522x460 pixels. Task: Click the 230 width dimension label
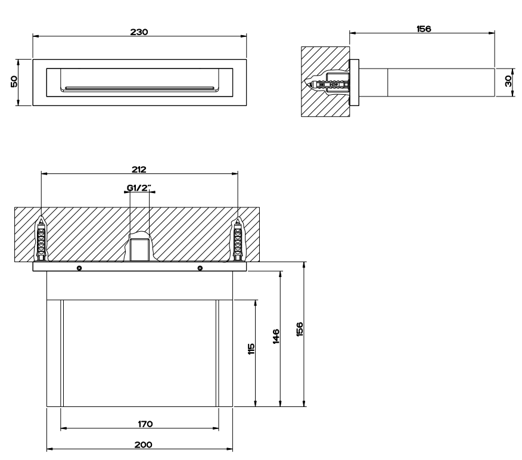(139, 32)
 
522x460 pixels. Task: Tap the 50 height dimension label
(14, 82)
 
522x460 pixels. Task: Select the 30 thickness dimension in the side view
(508, 81)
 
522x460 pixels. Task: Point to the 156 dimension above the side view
(424, 29)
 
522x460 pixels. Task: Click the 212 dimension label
(139, 169)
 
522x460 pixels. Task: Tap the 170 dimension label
(145, 424)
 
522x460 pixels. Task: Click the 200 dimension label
(144, 445)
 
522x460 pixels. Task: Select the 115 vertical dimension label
(251, 349)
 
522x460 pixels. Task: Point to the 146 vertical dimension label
(276, 337)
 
